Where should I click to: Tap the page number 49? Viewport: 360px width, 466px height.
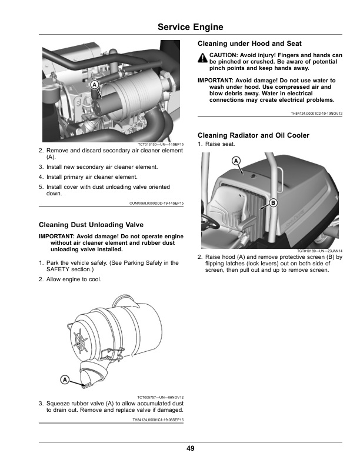pyautogui.click(x=190, y=448)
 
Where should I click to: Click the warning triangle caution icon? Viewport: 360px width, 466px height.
pyautogui.click(x=202, y=57)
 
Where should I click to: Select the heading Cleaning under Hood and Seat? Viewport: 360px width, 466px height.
pyautogui.click(x=249, y=44)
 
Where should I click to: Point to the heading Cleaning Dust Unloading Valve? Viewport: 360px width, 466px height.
pyautogui.click(x=90, y=224)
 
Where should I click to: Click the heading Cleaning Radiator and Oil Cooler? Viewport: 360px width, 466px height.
pyautogui.click(x=254, y=135)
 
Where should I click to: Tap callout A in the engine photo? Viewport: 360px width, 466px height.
pyautogui.click(x=94, y=85)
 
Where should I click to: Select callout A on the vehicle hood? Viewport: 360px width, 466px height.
pyautogui.click(x=236, y=161)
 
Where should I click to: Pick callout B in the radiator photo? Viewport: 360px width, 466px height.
pyautogui.click(x=272, y=202)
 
